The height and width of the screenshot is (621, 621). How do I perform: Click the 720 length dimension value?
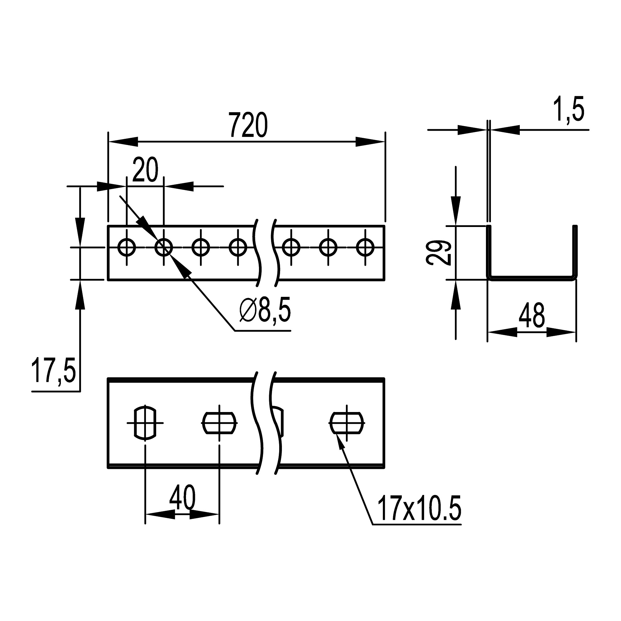[248, 125]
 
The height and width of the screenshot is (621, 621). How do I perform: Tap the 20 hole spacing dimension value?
[145, 170]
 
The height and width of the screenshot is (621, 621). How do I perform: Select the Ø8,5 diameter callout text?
[265, 310]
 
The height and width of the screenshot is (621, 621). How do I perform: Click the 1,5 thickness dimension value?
[568, 109]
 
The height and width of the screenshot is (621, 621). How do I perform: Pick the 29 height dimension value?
[439, 253]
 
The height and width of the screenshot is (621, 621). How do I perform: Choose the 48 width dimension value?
[532, 315]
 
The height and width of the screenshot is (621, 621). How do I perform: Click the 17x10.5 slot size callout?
[419, 508]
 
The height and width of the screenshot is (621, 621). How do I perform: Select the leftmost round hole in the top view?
[127, 247]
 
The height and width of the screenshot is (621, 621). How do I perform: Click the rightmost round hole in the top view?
[365, 247]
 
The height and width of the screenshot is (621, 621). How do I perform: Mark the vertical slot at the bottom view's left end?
[145, 423]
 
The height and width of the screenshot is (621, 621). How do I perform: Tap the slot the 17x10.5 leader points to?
[347, 423]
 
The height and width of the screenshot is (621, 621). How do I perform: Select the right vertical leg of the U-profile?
[576, 251]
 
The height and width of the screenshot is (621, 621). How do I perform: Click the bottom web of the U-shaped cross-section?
[532, 278]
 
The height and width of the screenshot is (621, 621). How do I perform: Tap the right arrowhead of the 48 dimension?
[561, 332]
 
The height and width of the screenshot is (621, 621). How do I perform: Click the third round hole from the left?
[201, 247]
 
